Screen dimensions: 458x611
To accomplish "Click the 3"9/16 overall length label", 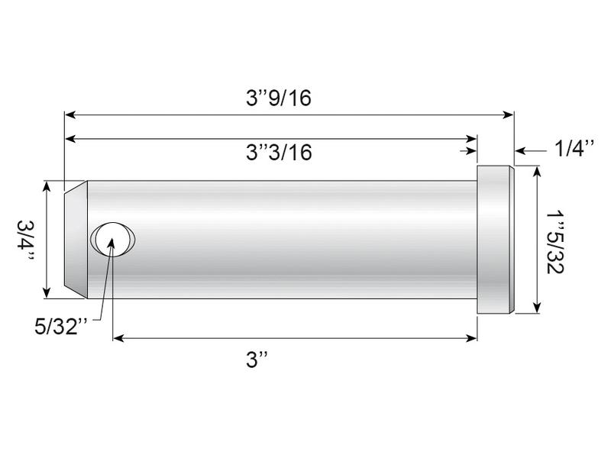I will (x=279, y=98).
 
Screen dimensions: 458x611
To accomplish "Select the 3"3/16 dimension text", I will (x=279, y=152).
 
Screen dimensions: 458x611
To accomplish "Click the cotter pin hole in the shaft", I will (x=113, y=239).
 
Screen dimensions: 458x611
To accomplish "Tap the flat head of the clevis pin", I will (x=495, y=239).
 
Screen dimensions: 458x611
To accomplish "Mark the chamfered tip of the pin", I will (x=75, y=239).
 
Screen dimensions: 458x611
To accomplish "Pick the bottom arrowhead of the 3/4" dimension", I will (x=48, y=292).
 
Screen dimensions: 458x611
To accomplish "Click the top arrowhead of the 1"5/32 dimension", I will (x=540, y=173).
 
